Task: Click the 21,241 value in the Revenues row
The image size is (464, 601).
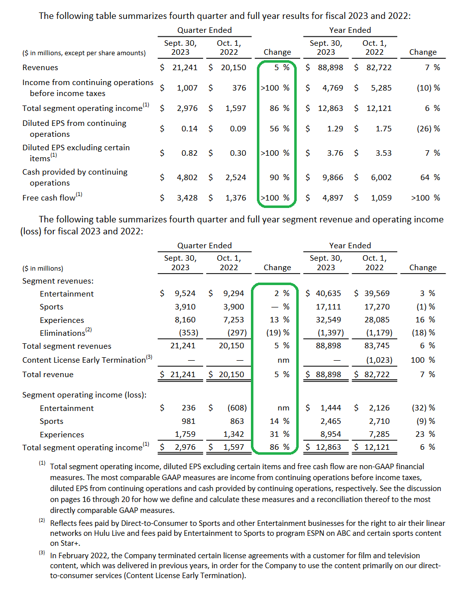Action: [x=185, y=68]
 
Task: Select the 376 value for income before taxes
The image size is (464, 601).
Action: [x=239, y=88]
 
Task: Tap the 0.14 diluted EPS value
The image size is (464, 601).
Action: [x=189, y=128]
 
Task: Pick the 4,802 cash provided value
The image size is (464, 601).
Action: [x=187, y=177]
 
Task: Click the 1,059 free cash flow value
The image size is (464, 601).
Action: [x=381, y=198]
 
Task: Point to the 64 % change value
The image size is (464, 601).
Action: [x=430, y=177]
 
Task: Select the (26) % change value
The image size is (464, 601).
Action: [x=428, y=128]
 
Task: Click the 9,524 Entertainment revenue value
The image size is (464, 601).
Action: [x=185, y=294]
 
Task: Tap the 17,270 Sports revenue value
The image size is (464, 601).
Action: [x=377, y=307]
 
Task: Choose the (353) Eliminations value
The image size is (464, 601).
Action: [x=188, y=332]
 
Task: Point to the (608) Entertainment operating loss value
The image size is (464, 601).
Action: [x=237, y=407]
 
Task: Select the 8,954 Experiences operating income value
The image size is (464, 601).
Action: [x=331, y=434]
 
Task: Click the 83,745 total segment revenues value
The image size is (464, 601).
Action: [x=377, y=346]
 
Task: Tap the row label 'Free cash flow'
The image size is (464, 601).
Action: [x=49, y=198]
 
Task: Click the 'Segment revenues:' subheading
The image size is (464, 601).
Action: [x=58, y=281]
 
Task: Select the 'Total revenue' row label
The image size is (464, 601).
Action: [x=48, y=375]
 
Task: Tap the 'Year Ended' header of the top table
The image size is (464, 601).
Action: [x=350, y=30]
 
